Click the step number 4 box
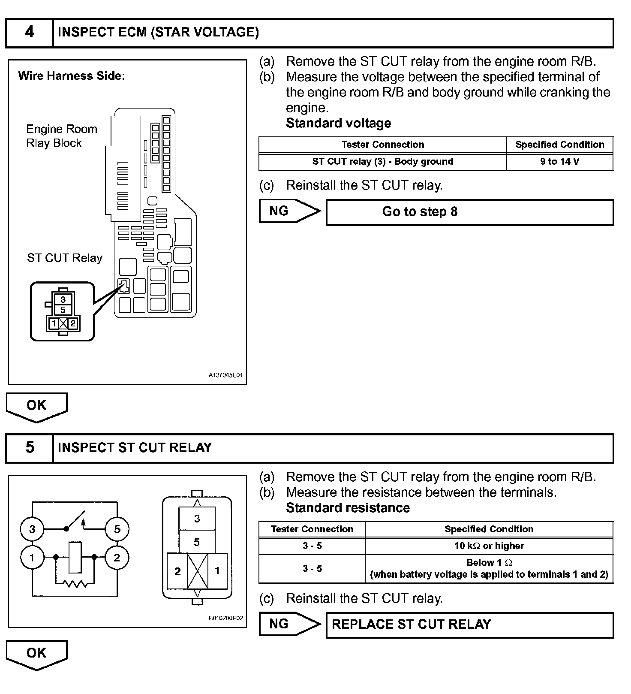[29, 32]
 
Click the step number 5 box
[29, 448]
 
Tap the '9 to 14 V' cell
[559, 162]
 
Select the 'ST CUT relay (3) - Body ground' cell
[382, 162]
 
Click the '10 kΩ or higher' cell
[489, 546]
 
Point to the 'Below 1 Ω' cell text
[489, 563]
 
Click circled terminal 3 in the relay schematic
[32, 529]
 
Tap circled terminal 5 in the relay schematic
[117, 529]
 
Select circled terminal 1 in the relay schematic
[32, 558]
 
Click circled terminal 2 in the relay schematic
[117, 558]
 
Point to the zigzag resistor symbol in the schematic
[75, 583]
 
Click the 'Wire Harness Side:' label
[72, 76]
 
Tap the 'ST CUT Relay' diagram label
[65, 258]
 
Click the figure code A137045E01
[225, 375]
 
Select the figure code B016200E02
[225, 618]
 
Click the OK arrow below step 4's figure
[36, 406]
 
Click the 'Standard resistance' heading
[348, 508]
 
